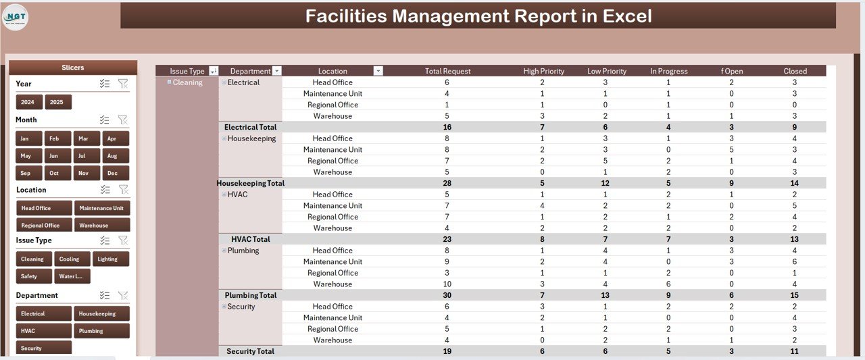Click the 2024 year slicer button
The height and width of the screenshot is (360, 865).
click(x=28, y=102)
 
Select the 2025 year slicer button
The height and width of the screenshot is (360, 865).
click(x=57, y=102)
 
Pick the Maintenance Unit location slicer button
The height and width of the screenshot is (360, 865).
click(x=101, y=208)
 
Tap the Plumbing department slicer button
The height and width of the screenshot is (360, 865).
click(x=101, y=331)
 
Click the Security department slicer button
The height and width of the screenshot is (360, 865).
click(x=43, y=348)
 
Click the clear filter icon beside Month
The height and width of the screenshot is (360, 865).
click(x=122, y=120)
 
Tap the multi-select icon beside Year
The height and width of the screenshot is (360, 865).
click(x=104, y=84)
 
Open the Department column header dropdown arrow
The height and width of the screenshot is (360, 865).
click(x=276, y=71)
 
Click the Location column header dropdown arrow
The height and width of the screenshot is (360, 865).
click(x=378, y=71)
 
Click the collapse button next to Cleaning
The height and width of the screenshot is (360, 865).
click(x=169, y=82)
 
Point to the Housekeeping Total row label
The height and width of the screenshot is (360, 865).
click(x=250, y=183)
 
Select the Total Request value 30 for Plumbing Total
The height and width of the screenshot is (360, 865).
click(x=447, y=295)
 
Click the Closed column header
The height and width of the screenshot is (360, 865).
click(x=795, y=71)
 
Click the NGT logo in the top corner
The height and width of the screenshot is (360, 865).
click(x=16, y=16)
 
